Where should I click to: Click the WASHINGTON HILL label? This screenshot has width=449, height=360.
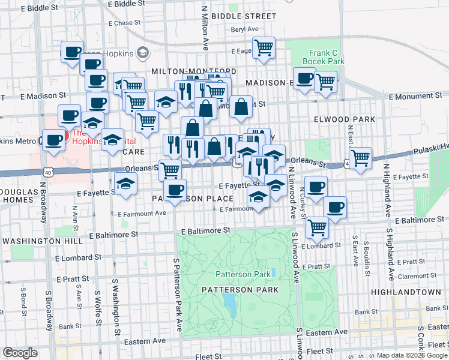point(42,241)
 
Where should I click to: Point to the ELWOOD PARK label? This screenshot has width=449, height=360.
point(345,119)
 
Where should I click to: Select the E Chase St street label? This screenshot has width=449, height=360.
point(124,23)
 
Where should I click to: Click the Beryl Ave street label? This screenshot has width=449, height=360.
point(244,29)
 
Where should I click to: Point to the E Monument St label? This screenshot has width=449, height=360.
point(415,95)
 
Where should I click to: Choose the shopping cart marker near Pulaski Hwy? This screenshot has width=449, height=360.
point(360,158)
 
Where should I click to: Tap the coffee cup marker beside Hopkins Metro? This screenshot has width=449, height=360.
point(53,140)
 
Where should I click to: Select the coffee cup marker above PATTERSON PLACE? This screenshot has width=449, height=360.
point(175,190)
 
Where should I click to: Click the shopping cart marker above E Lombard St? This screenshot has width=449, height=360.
point(316,227)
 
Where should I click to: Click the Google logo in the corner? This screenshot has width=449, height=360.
point(20,353)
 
